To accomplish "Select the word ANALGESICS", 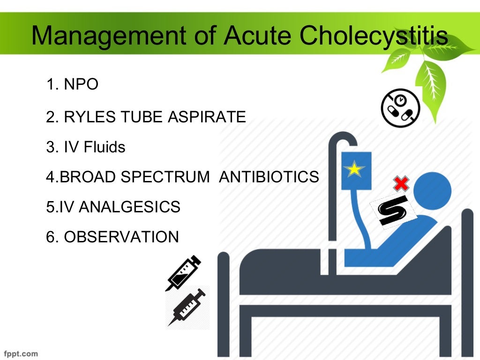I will click(129, 207).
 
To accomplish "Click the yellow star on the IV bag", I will click(354, 169).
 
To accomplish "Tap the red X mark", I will click(401, 183).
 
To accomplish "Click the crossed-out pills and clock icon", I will click(400, 108).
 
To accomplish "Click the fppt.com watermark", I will click(21, 353).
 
